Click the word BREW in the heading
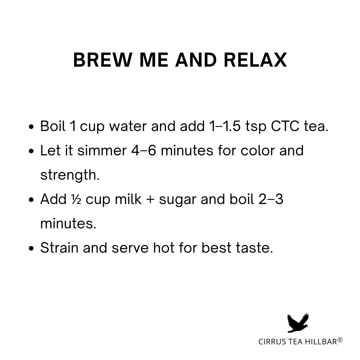click(103, 60)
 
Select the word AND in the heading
click(196, 60)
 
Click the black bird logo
click(298, 323)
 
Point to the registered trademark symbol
click(340, 340)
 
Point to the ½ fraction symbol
click(76, 199)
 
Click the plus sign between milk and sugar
click(150, 199)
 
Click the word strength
click(70, 175)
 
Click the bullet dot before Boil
click(31, 127)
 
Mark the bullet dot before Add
click(31, 200)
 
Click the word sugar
click(177, 200)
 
